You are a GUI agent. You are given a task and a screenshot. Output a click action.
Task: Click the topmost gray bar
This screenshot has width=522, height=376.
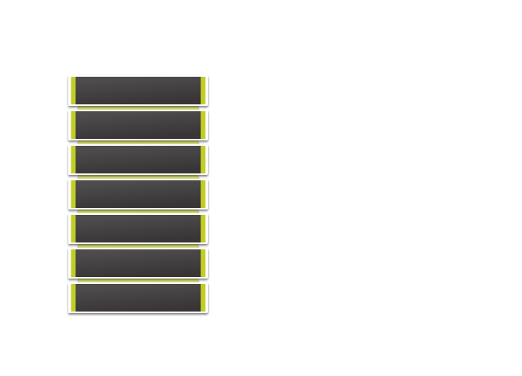(x=138, y=91)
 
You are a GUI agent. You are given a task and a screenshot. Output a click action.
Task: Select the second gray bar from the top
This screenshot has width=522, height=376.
(x=138, y=125)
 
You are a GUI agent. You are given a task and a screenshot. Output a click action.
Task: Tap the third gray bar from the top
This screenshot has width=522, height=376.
(x=138, y=160)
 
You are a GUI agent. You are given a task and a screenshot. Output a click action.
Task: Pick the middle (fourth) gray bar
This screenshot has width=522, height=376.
(x=138, y=194)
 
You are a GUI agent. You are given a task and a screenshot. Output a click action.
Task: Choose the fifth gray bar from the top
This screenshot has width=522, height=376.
(x=138, y=229)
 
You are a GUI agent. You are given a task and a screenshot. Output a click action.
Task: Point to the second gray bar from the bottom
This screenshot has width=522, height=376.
(x=138, y=263)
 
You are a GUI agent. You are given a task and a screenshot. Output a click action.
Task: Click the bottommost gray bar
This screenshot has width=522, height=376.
(x=138, y=298)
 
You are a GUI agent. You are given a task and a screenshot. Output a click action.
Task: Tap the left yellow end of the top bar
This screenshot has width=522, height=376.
(x=73, y=91)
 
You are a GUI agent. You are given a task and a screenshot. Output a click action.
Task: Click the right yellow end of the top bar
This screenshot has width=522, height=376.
(x=203, y=91)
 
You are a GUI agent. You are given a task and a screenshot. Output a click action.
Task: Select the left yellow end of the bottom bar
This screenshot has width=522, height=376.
(x=73, y=298)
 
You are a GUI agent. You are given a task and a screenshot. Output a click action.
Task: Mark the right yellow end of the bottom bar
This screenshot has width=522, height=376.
(x=203, y=298)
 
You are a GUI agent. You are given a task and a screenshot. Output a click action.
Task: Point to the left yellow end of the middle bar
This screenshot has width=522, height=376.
(x=73, y=194)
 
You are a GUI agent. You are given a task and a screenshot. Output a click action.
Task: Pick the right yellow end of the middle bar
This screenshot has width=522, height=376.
(x=203, y=194)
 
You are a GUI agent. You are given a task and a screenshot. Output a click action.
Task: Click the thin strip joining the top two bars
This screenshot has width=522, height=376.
(x=138, y=108)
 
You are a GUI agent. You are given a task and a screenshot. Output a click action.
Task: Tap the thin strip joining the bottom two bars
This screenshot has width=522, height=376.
(x=138, y=281)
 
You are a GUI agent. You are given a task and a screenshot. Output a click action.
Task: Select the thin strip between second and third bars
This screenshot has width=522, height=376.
(x=138, y=143)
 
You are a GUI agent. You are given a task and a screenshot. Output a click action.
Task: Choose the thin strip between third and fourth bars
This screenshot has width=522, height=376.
(x=138, y=177)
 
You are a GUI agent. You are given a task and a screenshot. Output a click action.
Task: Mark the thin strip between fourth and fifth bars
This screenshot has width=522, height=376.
(x=138, y=212)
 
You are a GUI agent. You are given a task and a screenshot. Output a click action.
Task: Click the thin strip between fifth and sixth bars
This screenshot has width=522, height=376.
(x=138, y=246)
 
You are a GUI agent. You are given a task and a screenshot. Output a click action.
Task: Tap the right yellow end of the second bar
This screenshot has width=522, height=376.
(x=203, y=125)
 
